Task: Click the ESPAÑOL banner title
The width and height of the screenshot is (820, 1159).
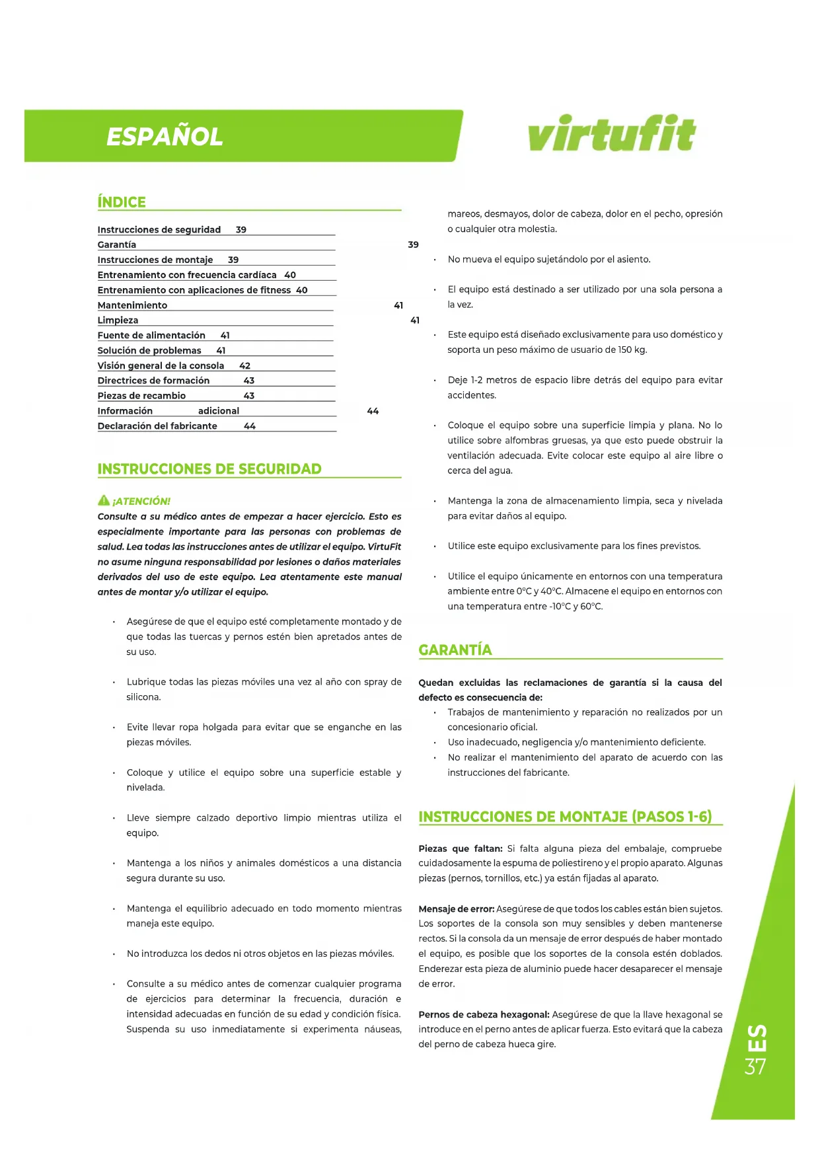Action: [x=165, y=137]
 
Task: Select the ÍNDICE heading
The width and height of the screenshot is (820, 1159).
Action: [x=122, y=202]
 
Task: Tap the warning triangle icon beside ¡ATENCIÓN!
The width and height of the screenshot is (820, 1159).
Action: [x=104, y=500]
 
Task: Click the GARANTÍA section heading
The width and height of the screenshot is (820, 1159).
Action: [x=455, y=650]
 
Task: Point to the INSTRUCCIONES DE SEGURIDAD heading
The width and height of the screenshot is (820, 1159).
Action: [x=209, y=469]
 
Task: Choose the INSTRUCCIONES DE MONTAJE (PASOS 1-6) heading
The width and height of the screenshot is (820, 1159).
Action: [x=565, y=817]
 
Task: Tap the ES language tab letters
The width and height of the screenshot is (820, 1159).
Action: [x=757, y=1038]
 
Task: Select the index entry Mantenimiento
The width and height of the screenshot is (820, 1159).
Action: [x=132, y=305]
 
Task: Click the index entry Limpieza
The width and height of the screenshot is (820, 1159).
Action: [x=118, y=320]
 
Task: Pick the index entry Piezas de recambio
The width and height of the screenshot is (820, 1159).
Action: [x=141, y=396]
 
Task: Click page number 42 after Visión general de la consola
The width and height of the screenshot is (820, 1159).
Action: [x=244, y=365]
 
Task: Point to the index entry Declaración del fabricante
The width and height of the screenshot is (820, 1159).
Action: [x=157, y=426]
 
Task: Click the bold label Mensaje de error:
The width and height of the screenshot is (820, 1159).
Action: [x=456, y=909]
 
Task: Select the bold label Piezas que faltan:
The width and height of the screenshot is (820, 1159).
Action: [x=460, y=848]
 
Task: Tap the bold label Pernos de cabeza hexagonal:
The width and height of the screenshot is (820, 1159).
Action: [x=484, y=1014]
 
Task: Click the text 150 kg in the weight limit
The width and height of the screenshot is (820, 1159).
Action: [x=632, y=350]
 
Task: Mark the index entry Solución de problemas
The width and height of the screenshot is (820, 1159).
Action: [x=149, y=351]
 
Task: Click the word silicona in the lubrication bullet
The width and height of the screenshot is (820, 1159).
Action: [x=143, y=697]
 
